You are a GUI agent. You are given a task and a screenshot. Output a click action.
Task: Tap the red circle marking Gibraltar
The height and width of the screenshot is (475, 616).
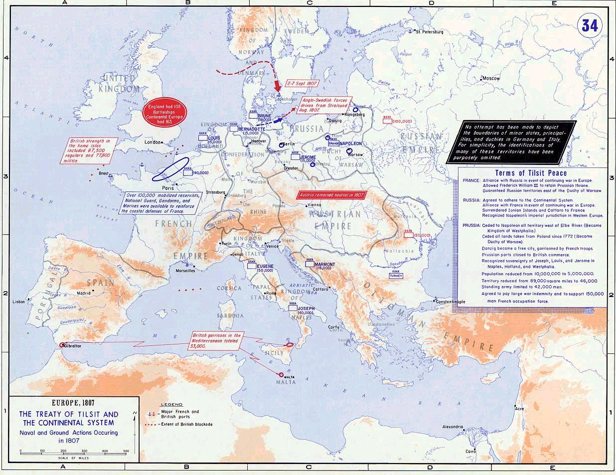tap(61, 344)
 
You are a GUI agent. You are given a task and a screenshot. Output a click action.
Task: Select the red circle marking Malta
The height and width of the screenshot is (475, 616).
tap(282, 375)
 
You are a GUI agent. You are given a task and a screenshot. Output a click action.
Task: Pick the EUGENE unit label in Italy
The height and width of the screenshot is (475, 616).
tap(265, 266)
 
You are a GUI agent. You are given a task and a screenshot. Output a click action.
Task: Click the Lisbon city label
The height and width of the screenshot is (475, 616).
tap(19, 302)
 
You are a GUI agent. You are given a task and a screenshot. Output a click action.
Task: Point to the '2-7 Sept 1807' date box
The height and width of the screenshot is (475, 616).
tap(298, 84)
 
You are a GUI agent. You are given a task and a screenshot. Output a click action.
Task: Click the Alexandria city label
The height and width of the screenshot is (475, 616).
tap(454, 427)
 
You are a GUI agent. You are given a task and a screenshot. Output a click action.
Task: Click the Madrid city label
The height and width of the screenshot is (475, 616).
tap(84, 293)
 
